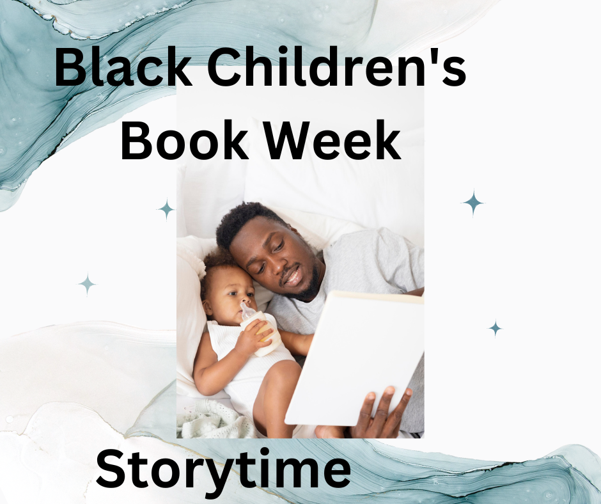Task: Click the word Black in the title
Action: [x=123, y=67]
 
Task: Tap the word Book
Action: [x=184, y=140]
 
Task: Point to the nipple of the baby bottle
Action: [x=246, y=309]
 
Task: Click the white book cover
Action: [x=355, y=359]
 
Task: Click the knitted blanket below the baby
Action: [x=215, y=420]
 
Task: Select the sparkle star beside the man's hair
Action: [x=166, y=209]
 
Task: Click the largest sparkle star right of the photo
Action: [x=473, y=203]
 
